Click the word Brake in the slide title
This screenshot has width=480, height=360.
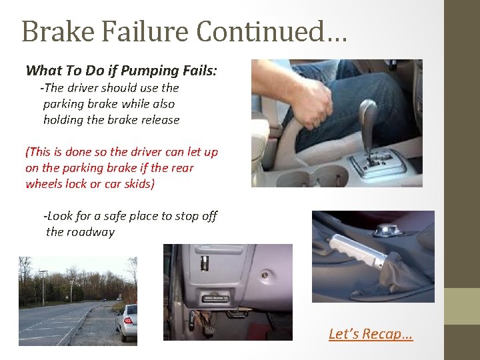53,31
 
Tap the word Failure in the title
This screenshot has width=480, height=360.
139,31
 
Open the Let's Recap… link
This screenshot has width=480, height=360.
371,333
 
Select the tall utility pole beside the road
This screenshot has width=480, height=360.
43,287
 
